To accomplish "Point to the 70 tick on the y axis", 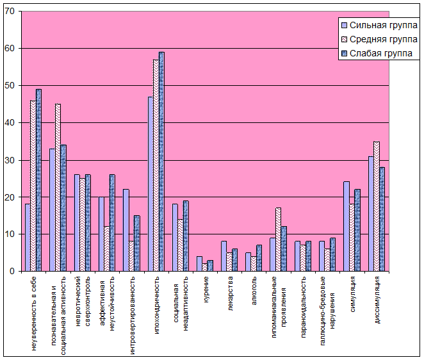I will [9, 12].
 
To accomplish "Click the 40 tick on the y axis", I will [9, 123].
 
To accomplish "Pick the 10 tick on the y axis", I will [9, 234].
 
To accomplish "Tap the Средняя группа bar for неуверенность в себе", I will [33, 186].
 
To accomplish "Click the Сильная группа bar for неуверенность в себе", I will [28, 238].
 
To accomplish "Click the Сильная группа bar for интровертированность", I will [126, 230].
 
